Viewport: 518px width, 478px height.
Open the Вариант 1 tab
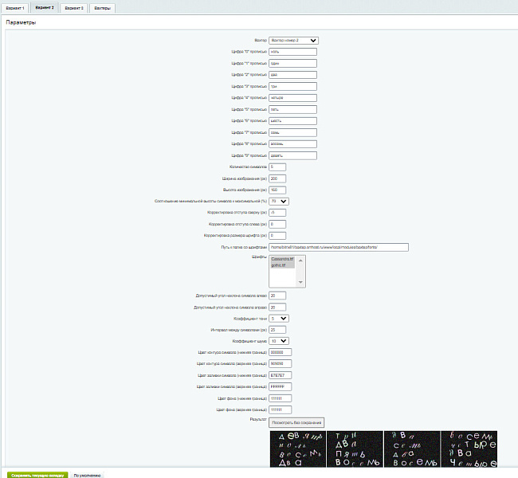pos(16,7)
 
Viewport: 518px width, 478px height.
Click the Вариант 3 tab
pos(45,7)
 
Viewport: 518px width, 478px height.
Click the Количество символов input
pos(277,167)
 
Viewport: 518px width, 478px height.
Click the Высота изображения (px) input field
pos(277,190)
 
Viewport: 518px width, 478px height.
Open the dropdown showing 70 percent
pos(279,202)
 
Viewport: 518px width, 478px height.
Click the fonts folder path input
pos(339,247)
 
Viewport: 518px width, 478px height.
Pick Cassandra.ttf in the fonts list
pos(284,259)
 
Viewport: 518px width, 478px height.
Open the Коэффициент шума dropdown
pos(279,341)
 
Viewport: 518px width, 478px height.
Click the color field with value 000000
pos(281,352)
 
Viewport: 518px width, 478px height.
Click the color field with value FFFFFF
pos(281,387)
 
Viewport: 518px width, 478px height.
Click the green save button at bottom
pos(37,473)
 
